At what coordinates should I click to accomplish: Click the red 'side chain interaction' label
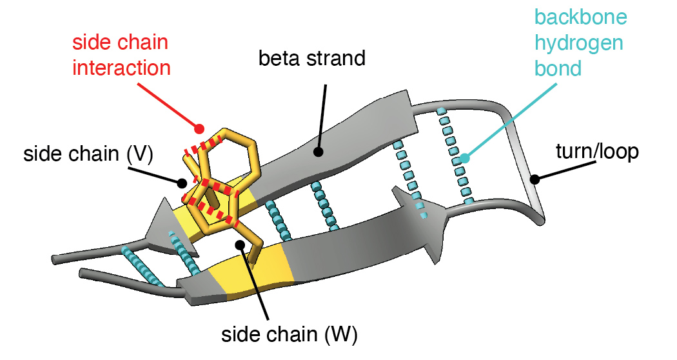tap(121, 55)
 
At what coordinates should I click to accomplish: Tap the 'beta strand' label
tap(311, 59)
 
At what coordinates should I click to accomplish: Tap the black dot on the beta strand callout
tap(318, 152)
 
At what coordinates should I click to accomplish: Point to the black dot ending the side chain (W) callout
tap(240, 245)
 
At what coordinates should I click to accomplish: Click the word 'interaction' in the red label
tap(121, 67)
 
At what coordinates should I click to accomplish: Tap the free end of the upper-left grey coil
tap(55, 260)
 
